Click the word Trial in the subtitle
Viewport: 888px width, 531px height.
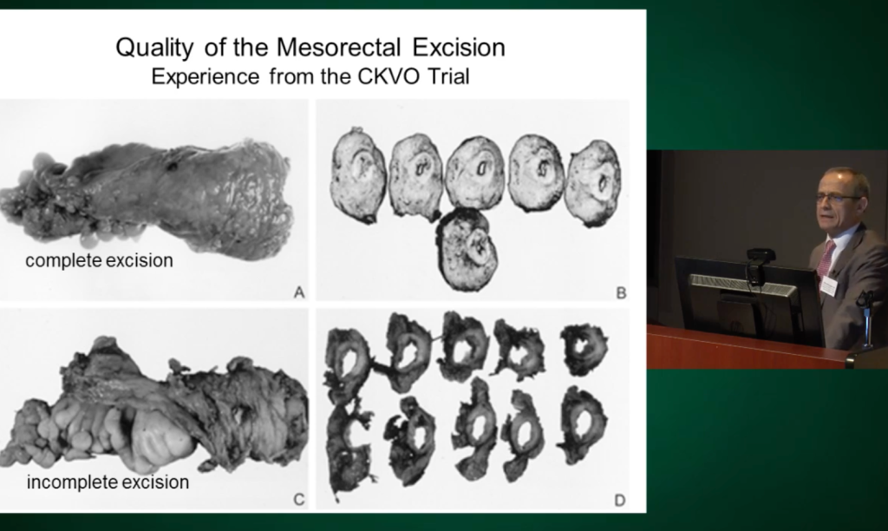[448, 76]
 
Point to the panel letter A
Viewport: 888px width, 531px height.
[299, 292]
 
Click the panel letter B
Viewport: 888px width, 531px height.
[621, 293]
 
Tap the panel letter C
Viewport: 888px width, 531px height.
[299, 499]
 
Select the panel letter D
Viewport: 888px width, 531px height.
[619, 501]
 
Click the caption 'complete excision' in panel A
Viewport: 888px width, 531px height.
[99, 260]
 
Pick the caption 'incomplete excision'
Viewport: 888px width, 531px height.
[108, 482]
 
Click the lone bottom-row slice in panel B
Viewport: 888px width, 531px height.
[467, 249]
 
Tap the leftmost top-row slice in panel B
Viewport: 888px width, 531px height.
[358, 174]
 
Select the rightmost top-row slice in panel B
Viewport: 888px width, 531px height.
[594, 182]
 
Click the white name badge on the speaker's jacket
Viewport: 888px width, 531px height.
[829, 285]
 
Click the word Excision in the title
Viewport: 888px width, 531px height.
[459, 47]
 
